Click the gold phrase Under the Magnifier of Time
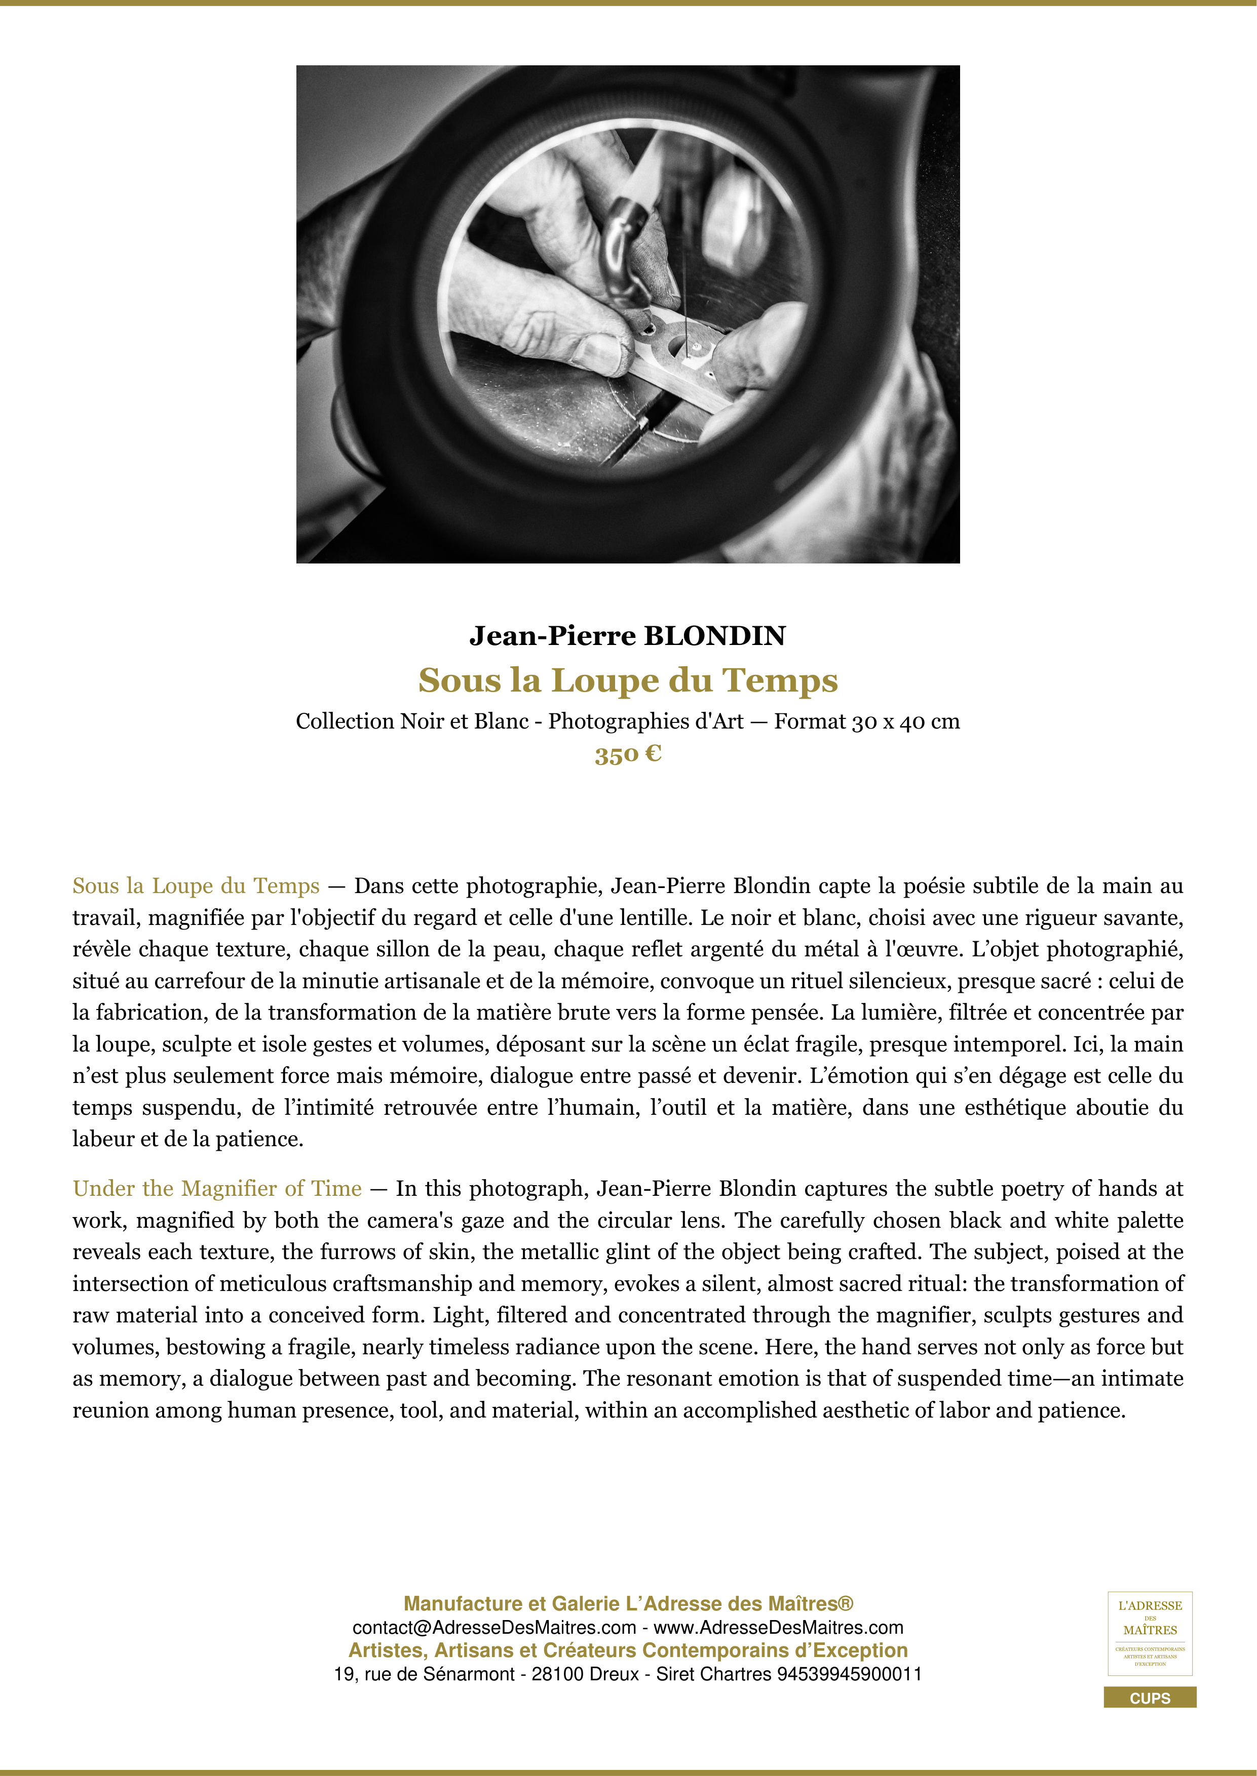(217, 1188)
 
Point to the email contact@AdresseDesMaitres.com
(494, 1628)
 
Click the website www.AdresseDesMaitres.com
(779, 1628)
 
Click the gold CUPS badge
(1150, 1698)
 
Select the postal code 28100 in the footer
(557, 1674)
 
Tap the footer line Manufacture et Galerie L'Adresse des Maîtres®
(628, 1603)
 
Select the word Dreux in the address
(614, 1674)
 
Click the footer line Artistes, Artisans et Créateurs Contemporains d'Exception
(628, 1650)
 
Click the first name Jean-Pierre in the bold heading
(553, 636)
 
